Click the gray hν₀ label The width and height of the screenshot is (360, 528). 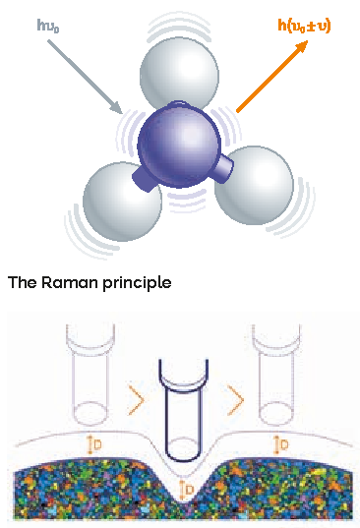(x=48, y=26)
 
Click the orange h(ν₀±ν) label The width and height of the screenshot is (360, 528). (x=305, y=26)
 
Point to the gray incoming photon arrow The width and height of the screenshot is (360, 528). (x=85, y=77)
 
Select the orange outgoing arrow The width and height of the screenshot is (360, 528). (x=272, y=76)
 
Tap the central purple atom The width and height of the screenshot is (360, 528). (x=179, y=146)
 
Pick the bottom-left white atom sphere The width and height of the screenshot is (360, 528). (x=122, y=202)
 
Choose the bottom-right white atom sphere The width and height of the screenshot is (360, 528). (x=254, y=185)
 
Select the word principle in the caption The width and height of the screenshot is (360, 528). (x=137, y=283)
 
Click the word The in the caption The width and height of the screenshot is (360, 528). (x=22, y=282)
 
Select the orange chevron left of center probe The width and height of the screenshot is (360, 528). (x=136, y=400)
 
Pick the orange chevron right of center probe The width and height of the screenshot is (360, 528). (x=235, y=400)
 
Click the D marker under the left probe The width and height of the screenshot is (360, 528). (x=94, y=444)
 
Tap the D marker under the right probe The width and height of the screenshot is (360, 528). (x=281, y=444)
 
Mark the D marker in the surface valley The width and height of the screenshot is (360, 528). (x=187, y=490)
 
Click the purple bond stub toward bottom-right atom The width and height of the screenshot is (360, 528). (x=224, y=168)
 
